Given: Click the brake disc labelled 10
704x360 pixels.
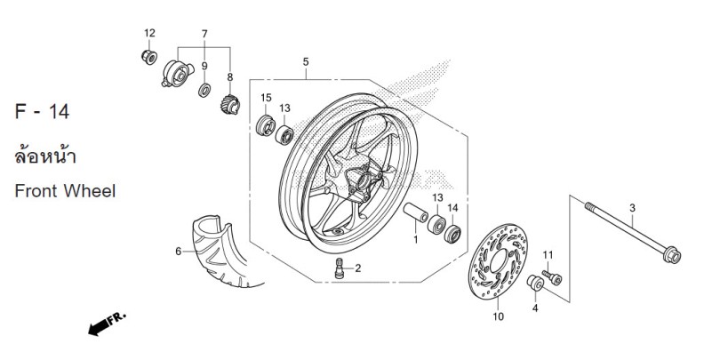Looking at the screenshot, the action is (x=498, y=261).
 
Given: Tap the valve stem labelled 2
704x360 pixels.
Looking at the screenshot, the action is (x=340, y=268).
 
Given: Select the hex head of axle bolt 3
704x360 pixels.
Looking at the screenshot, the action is (x=672, y=255).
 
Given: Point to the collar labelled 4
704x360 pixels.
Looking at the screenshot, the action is (x=535, y=283).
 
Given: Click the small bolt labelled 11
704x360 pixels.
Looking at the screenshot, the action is (x=552, y=276).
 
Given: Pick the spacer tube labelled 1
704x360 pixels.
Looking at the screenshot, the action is (x=415, y=212).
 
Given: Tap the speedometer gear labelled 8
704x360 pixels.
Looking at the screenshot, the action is (x=230, y=105).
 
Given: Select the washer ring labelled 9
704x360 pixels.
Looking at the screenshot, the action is (x=204, y=90).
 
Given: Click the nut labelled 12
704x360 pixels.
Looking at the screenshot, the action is (x=149, y=57).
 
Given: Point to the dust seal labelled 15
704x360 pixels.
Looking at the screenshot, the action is (x=265, y=125).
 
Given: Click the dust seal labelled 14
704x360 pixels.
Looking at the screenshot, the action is (x=452, y=234).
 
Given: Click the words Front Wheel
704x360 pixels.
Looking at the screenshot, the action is (x=65, y=191).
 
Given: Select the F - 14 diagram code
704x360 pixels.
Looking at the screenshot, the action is (x=42, y=111).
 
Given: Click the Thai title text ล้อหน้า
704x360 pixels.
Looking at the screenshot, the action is (x=45, y=156).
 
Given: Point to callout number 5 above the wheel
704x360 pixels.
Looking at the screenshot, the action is (x=306, y=62).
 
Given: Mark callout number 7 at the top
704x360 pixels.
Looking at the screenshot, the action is (x=204, y=34).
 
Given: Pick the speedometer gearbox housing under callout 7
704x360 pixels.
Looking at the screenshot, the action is (x=177, y=73).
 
